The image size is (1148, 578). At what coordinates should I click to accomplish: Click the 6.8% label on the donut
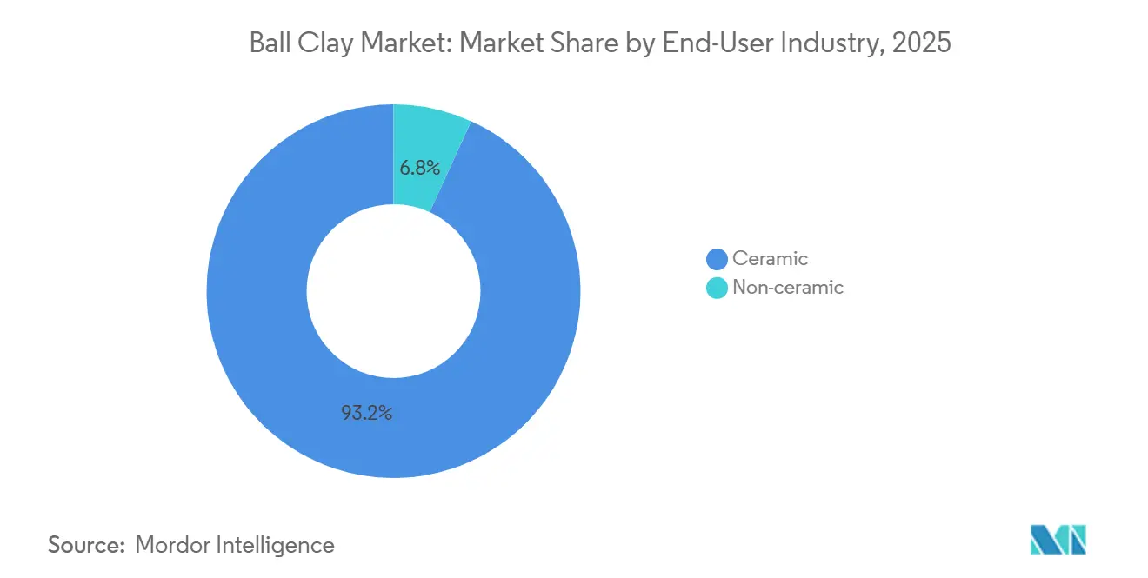click(x=419, y=168)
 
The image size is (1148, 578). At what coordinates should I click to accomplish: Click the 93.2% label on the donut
click(x=366, y=413)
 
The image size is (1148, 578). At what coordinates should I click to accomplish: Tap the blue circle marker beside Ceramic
click(x=717, y=259)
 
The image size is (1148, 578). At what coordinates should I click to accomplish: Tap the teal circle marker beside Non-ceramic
click(x=717, y=288)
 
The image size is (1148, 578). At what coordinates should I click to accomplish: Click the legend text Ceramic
click(x=770, y=258)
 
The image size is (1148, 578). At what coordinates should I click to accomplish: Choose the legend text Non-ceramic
click(x=787, y=288)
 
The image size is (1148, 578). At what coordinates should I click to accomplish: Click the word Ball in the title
click(x=268, y=43)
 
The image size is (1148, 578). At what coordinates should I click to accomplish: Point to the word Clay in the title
click(x=320, y=43)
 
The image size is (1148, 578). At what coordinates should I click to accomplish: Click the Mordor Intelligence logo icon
click(x=1058, y=541)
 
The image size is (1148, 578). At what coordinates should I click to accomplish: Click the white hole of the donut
click(x=393, y=291)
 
